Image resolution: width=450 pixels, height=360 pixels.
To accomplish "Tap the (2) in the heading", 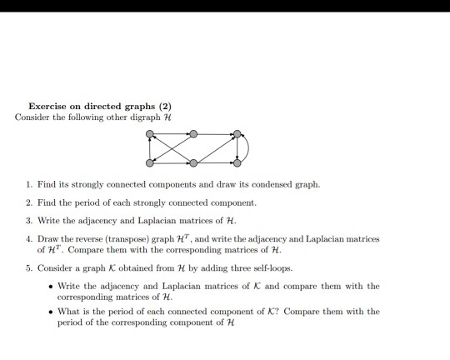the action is coord(163,106).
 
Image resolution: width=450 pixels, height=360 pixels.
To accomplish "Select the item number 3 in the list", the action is coord(27,220).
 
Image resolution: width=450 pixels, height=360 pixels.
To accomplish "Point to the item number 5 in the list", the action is coord(27,268).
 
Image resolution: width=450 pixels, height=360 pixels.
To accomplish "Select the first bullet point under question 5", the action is coord(52,287).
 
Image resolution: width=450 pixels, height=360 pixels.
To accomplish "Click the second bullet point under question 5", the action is coord(52,312).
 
